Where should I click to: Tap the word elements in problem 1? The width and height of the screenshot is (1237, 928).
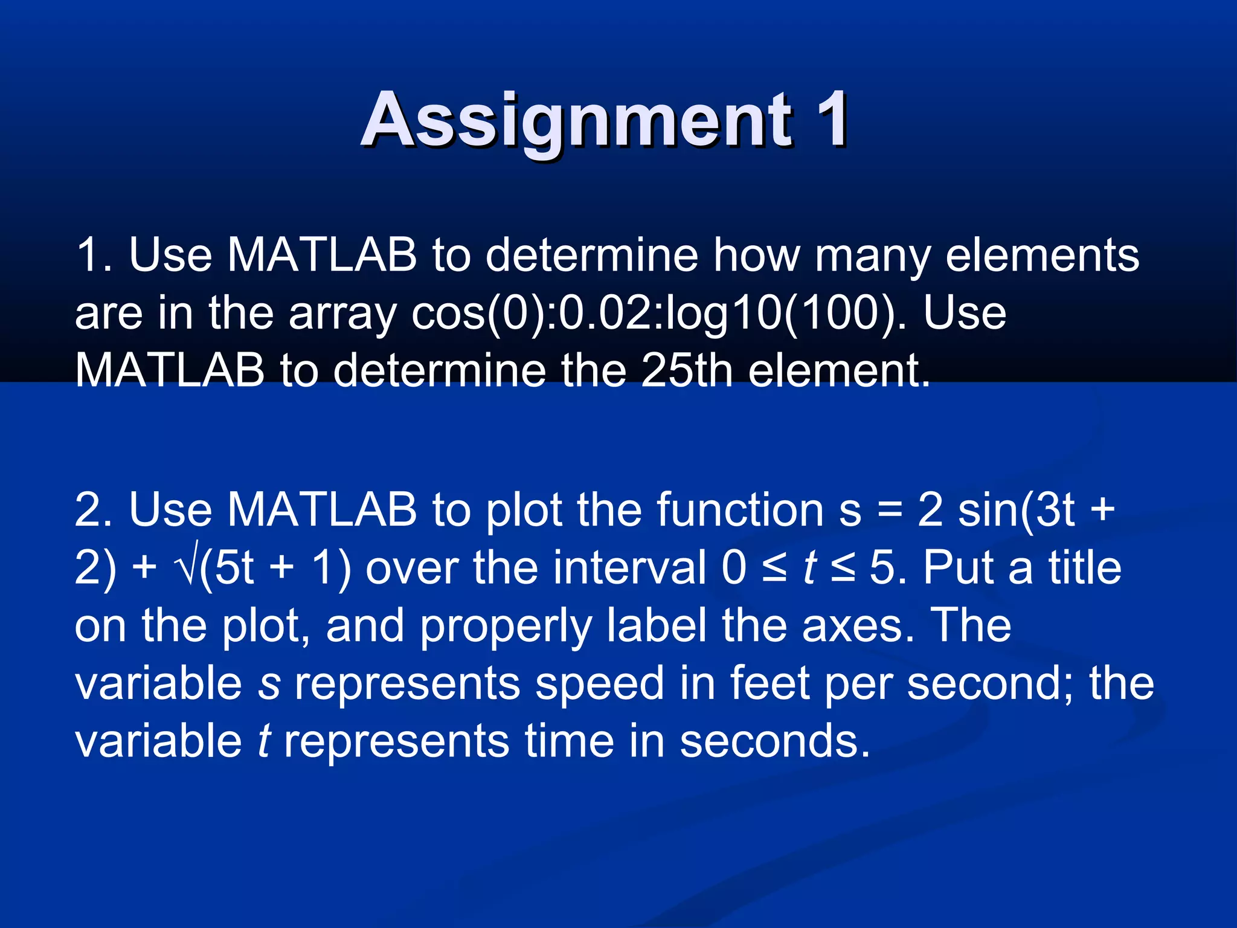(1042, 256)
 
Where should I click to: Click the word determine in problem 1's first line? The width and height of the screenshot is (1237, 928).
(591, 256)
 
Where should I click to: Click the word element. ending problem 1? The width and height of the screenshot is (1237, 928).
(840, 370)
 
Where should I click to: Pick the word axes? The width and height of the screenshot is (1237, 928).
(858, 627)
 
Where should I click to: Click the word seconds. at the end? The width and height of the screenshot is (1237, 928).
(775, 742)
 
